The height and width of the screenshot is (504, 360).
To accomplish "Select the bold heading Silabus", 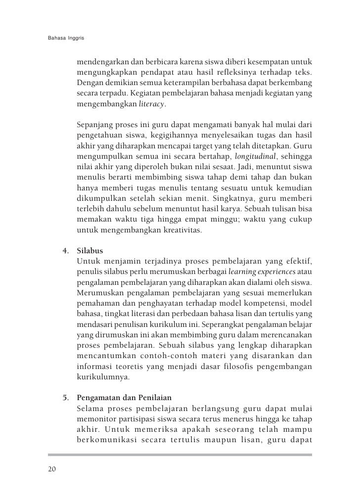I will pyautogui.click(x=90, y=251).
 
